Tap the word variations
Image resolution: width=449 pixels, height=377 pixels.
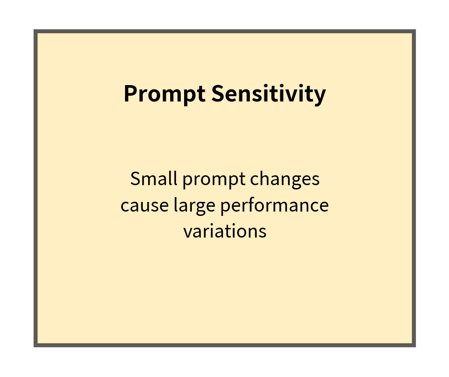point(224,231)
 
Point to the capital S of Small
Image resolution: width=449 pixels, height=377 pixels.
point(135,179)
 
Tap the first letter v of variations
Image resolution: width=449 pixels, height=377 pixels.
point(187,232)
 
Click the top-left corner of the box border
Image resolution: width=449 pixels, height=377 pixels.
point(35,31)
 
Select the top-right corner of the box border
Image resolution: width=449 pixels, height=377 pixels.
point(414,31)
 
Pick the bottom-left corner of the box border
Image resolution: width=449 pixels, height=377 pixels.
point(35,345)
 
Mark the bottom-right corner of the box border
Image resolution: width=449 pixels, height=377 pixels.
point(414,345)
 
